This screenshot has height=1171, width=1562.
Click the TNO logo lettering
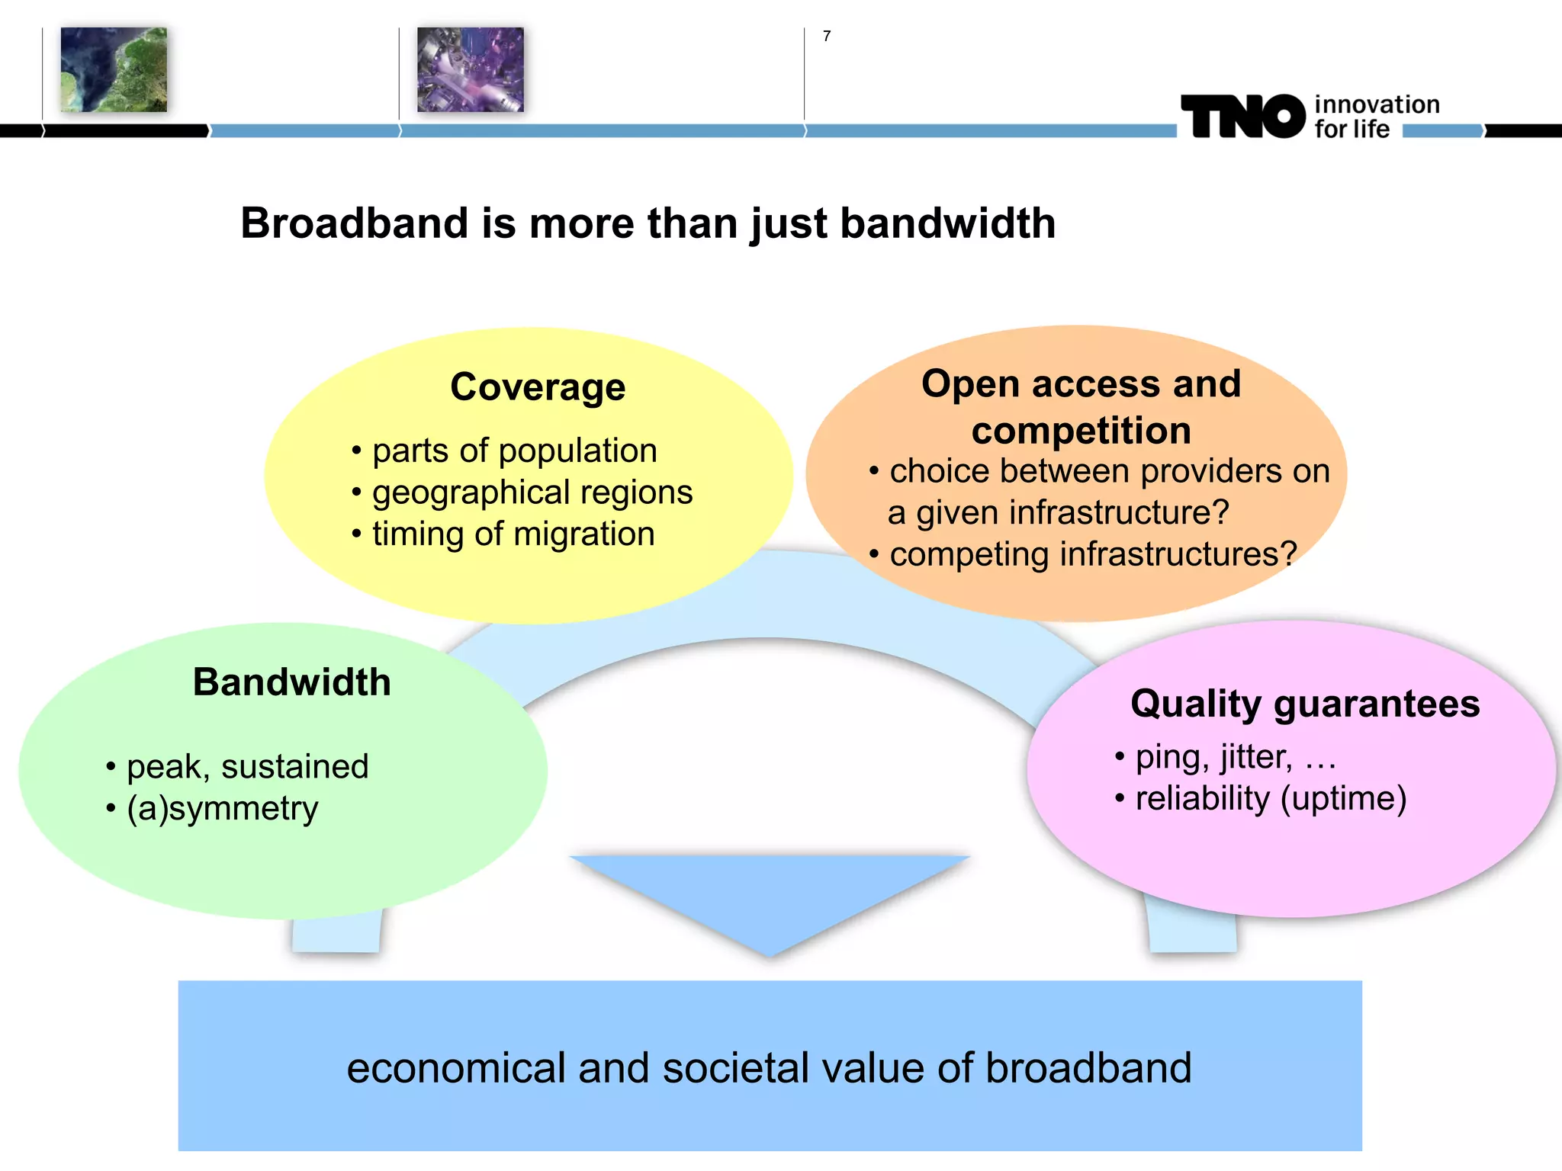(x=1242, y=117)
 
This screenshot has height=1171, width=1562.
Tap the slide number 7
(x=827, y=36)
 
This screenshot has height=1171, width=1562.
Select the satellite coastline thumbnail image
(x=114, y=70)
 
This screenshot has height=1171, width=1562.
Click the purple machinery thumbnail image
(x=471, y=70)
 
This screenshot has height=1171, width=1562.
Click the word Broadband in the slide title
(x=354, y=223)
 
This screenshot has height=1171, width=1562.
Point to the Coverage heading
(x=538, y=387)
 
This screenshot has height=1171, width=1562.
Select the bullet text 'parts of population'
(x=514, y=451)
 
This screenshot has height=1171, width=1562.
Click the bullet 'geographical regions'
(x=532, y=492)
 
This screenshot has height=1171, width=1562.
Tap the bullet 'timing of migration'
(x=513, y=534)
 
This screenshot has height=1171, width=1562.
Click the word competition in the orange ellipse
(x=1081, y=431)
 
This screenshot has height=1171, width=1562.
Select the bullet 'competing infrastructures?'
(x=1092, y=554)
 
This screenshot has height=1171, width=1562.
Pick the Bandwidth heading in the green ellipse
(x=291, y=682)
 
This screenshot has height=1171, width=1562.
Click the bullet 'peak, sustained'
(x=247, y=766)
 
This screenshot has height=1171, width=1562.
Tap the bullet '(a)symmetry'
(x=222, y=808)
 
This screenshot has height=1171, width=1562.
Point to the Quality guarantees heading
(x=1304, y=703)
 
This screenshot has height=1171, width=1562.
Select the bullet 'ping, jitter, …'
(x=1235, y=757)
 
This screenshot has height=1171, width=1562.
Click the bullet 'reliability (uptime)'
(x=1270, y=798)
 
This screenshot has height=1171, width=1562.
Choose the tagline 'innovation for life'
(x=1376, y=117)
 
